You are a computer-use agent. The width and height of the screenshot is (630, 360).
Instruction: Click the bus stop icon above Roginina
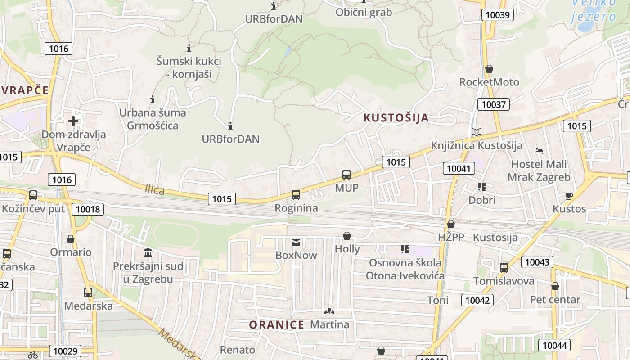pos(296,195)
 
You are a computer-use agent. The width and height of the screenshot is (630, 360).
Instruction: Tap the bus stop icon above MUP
pos(346,175)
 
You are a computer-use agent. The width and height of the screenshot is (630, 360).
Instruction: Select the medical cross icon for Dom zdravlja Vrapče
pos(73,121)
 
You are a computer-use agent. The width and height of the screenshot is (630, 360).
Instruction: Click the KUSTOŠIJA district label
pos(396,118)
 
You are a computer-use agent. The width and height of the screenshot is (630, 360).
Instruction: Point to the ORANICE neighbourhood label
pos(277,324)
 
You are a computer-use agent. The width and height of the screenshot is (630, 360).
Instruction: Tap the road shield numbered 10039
pos(498,15)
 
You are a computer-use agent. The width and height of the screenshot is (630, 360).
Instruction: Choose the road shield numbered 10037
pos(494,105)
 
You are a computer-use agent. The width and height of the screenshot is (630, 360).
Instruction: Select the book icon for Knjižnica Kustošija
pos(476,132)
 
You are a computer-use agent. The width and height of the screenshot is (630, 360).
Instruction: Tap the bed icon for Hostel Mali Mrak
pos(539,151)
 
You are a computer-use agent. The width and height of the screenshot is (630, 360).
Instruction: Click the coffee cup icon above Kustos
pos(569,196)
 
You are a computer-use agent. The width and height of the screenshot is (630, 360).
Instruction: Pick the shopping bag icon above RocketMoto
pos(489,69)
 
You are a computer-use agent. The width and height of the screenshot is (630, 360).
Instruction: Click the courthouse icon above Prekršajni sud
pos(148,252)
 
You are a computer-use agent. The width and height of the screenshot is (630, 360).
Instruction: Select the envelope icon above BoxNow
pos(296,243)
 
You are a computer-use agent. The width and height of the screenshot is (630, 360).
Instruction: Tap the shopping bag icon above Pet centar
pos(555,286)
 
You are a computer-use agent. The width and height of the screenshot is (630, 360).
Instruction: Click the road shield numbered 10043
pos(537,261)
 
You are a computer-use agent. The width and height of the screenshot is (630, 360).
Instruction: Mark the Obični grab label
pos(364,12)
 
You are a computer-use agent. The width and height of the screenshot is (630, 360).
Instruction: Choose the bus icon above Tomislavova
pos(504,268)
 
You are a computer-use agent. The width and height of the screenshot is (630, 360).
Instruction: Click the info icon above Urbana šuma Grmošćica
pos(153,99)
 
